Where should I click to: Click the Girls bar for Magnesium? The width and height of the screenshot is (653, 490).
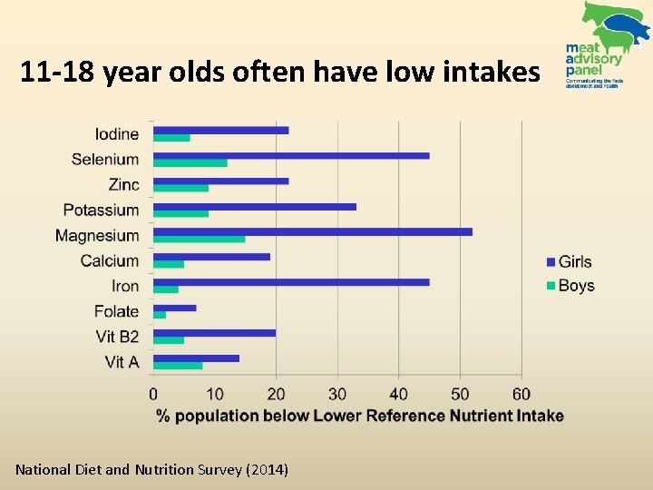[x=312, y=231]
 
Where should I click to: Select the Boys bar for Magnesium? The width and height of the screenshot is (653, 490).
[x=199, y=239]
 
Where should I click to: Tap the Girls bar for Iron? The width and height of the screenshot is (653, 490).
[x=290, y=282]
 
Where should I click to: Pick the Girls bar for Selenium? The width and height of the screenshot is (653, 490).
[x=290, y=155]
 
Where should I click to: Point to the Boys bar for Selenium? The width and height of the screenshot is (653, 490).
[x=190, y=162]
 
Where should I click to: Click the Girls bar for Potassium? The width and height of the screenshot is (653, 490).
[x=254, y=206]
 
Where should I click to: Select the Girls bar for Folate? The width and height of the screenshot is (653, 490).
[x=174, y=308]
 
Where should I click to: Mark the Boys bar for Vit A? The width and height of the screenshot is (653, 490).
[x=177, y=366]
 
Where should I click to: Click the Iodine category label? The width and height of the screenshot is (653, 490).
[x=117, y=134]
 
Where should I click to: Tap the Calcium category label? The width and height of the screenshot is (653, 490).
[x=110, y=260]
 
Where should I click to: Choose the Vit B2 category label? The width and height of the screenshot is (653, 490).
[x=117, y=337]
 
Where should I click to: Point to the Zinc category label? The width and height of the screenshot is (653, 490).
[x=123, y=184]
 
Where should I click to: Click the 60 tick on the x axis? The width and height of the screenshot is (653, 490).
[x=521, y=394]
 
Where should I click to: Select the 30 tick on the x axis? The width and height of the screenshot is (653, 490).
[x=336, y=394]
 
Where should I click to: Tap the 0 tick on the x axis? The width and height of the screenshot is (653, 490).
[x=153, y=394]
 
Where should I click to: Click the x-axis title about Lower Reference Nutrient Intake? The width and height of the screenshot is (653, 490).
[x=359, y=416]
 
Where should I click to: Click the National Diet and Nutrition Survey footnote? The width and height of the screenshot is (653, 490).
[x=151, y=469]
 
